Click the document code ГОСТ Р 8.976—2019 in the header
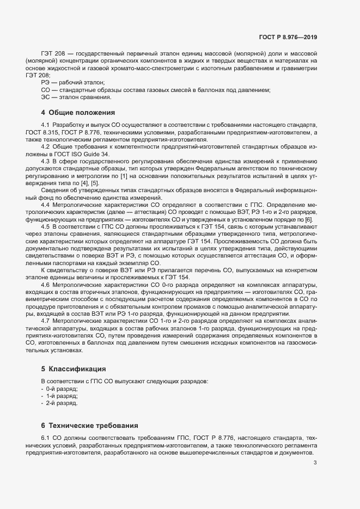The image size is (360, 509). click(x=288, y=38)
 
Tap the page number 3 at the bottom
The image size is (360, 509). click(x=315, y=463)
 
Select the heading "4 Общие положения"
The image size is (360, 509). click(x=78, y=113)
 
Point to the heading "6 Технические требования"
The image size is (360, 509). click(x=90, y=425)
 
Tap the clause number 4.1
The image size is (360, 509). click(x=46, y=125)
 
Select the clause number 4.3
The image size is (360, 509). click(x=46, y=161)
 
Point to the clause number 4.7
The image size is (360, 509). click(x=46, y=321)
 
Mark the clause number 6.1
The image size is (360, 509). click(x=46, y=438)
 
